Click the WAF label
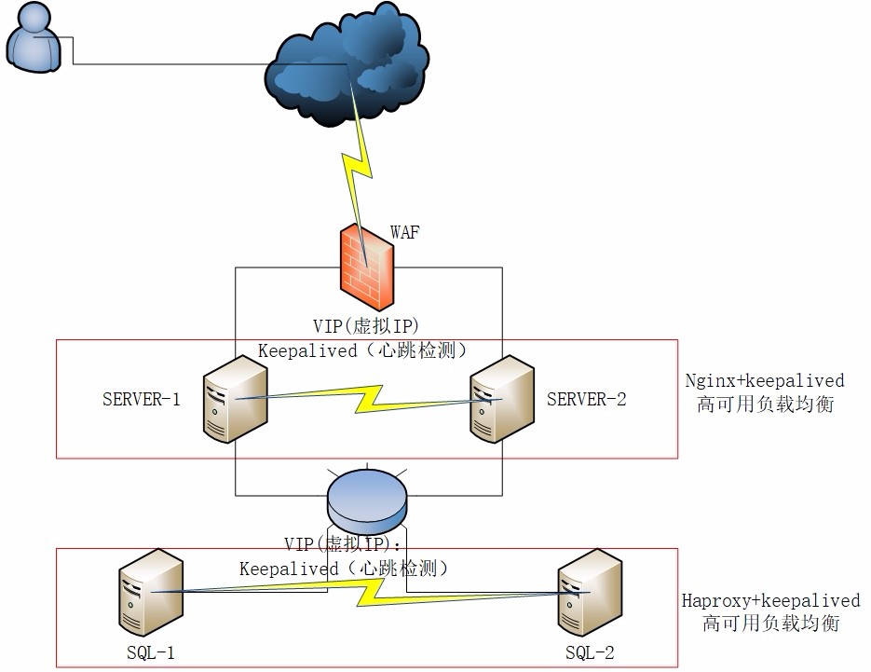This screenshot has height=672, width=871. pos(404,233)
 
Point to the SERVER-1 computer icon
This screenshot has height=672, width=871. pos(236,402)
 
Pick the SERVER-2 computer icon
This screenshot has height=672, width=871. pos(502,399)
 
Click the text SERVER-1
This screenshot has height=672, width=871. pos(142,400)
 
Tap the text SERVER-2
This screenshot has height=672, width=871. pos(587,400)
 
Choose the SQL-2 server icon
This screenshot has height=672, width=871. pos(589,591)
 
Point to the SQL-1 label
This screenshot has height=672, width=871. pos(149,651)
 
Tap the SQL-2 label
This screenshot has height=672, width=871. pos(590,651)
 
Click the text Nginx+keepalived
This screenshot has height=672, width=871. pos(765,380)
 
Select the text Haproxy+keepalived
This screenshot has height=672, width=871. pos(770,601)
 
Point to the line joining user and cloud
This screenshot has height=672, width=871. pos(168,64)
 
